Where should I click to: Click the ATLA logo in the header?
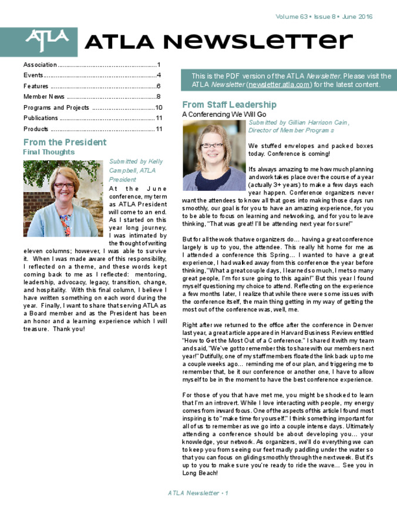click(46, 41)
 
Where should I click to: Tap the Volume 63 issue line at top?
click(324, 16)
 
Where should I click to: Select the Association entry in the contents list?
click(40, 65)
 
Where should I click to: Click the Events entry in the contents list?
click(33, 75)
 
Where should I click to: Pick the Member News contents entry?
click(44, 97)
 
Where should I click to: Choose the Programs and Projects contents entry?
click(56, 107)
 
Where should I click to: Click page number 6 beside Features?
click(159, 86)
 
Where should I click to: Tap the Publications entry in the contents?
click(41, 118)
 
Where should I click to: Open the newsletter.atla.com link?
click(278, 85)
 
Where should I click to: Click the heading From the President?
click(65, 142)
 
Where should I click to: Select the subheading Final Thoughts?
click(49, 152)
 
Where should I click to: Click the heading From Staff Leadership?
click(229, 105)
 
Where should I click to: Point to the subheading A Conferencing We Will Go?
click(224, 114)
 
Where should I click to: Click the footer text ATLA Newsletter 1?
click(198, 493)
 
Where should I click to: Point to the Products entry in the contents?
click(36, 129)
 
